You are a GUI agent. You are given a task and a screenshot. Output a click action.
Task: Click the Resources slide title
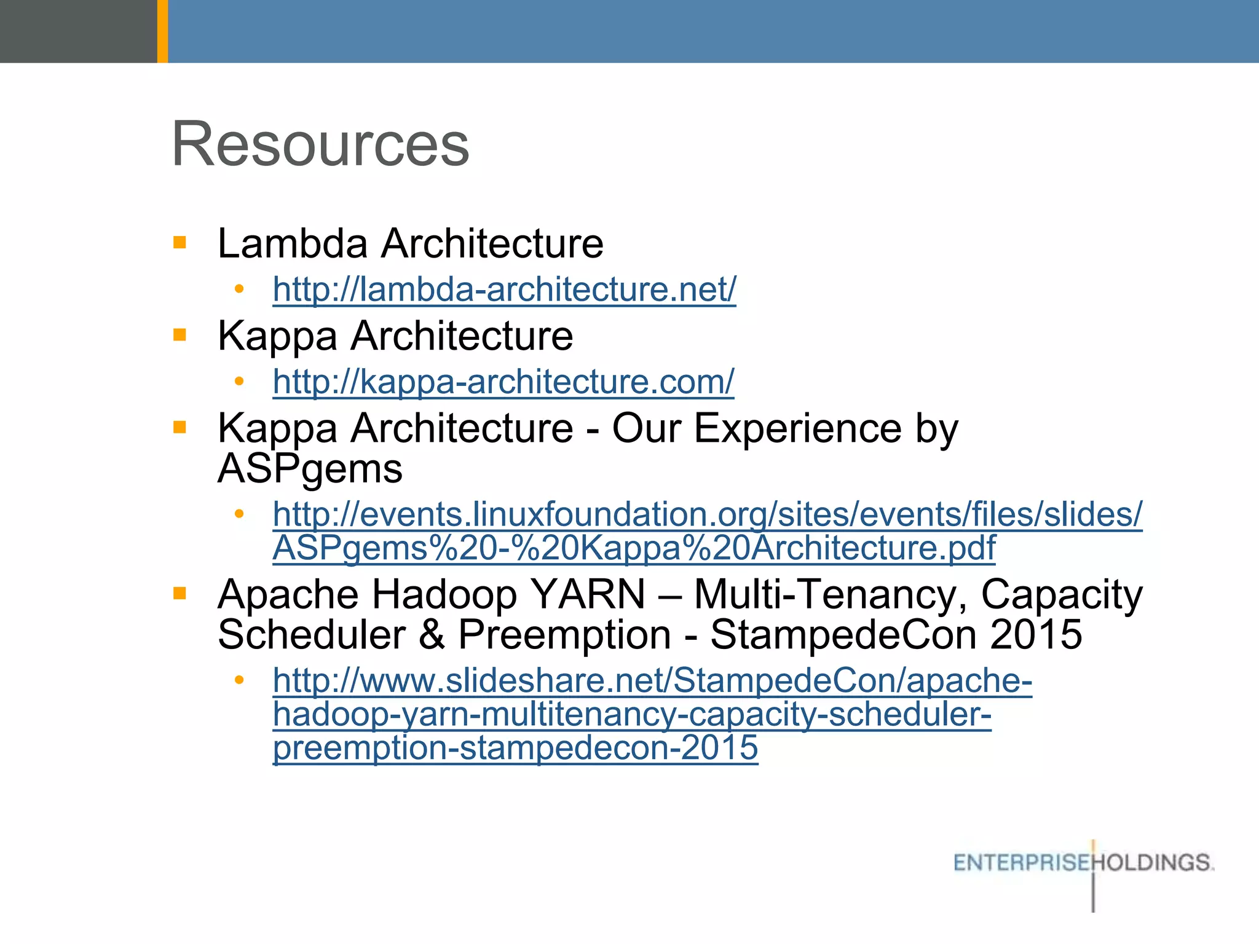coord(320,144)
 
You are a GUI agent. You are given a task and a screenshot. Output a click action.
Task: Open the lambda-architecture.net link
coord(504,289)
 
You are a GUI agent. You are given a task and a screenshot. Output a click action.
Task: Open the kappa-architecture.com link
coord(503,382)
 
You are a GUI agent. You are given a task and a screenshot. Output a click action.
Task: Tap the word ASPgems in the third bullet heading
coord(310,469)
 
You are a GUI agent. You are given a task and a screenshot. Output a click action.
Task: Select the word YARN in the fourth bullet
coord(588,594)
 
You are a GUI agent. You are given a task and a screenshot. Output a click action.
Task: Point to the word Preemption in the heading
coord(564,634)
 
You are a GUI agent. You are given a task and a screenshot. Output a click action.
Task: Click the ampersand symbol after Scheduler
coord(432,634)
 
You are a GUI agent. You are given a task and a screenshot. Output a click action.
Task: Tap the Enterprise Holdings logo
coord(1083,863)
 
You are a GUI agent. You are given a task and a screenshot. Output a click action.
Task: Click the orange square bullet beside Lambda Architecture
coord(180,242)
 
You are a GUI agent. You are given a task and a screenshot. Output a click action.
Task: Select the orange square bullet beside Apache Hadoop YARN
coord(180,593)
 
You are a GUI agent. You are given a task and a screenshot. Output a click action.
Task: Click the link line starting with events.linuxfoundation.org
coord(707,514)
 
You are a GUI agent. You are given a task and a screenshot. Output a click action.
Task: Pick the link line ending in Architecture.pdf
coord(633,548)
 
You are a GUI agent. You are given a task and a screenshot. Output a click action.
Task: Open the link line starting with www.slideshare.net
coord(652,681)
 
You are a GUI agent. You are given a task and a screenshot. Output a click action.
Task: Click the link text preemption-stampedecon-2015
coord(515,749)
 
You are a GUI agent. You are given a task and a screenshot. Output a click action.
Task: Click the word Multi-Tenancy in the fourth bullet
coord(830,594)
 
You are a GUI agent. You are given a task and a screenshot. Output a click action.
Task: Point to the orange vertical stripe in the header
coord(162,31)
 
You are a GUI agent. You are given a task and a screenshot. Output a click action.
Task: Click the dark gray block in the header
coord(78,31)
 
